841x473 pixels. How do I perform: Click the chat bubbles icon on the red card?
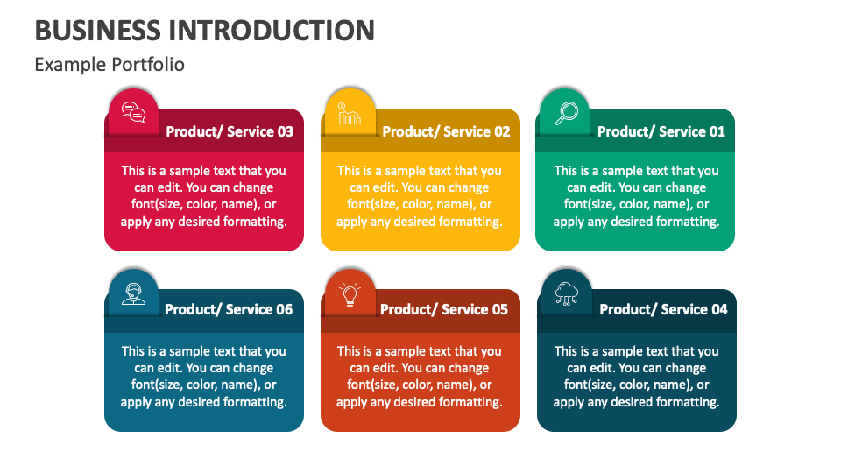[x=133, y=113]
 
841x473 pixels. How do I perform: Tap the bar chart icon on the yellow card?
[x=350, y=114]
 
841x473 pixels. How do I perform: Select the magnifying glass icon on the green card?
[x=567, y=113]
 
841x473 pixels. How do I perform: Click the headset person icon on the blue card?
[x=133, y=294]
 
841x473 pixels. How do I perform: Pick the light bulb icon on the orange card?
[x=350, y=293]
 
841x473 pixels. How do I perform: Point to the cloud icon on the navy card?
[x=567, y=293]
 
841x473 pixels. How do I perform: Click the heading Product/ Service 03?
[x=230, y=131]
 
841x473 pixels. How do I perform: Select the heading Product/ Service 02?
[x=446, y=131]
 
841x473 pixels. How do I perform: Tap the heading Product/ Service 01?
[x=661, y=131]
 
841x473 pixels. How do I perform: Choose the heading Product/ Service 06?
[x=229, y=309]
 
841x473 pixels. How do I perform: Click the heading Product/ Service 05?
[x=444, y=309]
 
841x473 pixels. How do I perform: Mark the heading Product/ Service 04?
[x=663, y=309]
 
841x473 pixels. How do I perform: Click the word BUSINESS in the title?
[x=97, y=30]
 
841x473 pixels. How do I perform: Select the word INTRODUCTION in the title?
[x=272, y=30]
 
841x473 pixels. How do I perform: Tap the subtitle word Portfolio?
[x=147, y=64]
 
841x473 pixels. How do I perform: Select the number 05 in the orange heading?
[x=500, y=309]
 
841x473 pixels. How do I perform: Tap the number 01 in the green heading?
[x=717, y=131]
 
